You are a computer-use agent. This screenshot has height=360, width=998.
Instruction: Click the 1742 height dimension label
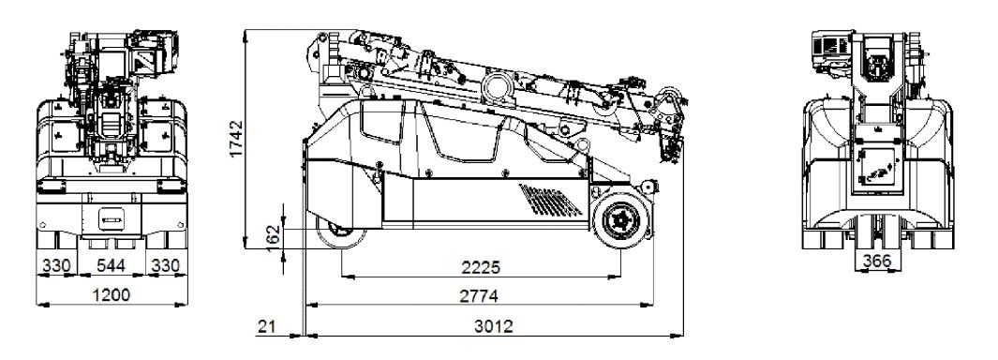(236, 139)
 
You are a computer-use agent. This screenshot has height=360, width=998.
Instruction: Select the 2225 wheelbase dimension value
(480, 267)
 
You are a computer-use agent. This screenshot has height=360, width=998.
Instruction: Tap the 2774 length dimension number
(479, 296)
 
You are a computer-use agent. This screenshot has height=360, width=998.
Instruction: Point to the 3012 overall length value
(493, 327)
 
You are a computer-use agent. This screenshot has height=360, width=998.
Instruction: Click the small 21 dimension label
(266, 327)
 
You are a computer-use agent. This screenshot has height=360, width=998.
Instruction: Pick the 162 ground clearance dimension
(273, 239)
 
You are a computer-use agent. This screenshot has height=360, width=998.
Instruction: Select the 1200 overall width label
(111, 295)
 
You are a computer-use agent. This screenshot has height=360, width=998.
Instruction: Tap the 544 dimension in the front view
(111, 265)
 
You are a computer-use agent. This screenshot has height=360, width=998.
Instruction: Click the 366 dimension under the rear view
(878, 261)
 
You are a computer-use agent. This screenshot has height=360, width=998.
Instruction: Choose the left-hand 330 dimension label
(56, 265)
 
